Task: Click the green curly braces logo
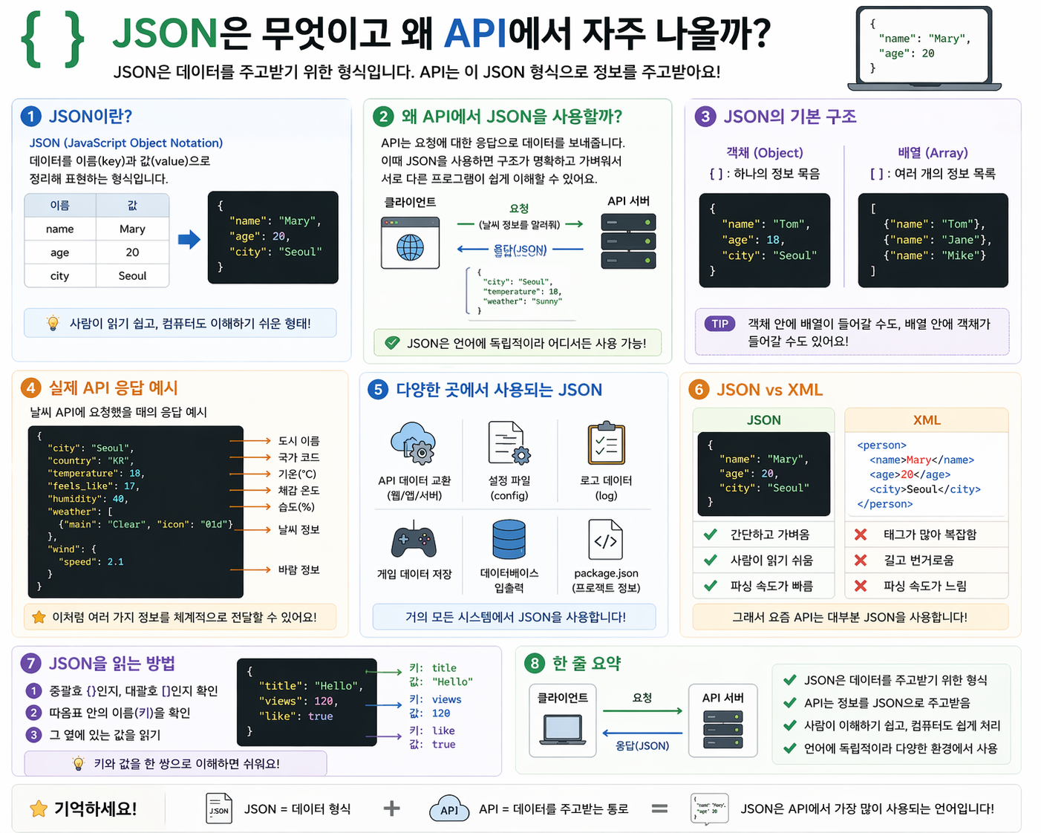52,39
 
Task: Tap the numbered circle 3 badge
705,116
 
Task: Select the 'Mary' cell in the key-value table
132,229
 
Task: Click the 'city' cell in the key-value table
60,275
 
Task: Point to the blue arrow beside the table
189,239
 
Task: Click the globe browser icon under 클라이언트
410,244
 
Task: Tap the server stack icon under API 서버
628,241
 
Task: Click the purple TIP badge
719,324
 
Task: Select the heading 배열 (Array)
933,152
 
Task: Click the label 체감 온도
298,490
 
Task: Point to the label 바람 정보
298,569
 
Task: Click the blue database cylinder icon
509,539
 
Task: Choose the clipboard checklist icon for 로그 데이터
606,444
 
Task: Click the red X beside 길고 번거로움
861,560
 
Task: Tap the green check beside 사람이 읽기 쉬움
711,560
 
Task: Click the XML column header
927,420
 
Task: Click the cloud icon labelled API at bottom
449,808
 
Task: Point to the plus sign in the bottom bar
391,808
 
